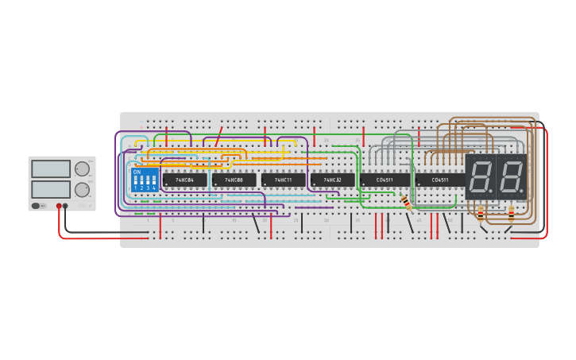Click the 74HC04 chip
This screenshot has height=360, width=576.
click(184, 180)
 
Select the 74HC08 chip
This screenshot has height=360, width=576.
click(234, 180)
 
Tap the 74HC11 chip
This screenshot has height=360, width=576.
click(283, 180)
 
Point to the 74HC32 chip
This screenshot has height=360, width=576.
click(332, 180)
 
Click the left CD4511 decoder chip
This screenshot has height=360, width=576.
click(385, 180)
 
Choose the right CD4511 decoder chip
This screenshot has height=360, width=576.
click(439, 180)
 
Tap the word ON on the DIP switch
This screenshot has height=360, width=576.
click(137, 172)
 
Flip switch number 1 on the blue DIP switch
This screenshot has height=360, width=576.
click(136, 181)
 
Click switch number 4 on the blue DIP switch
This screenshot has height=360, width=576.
click(154, 181)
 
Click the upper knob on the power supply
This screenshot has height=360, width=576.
click(82, 168)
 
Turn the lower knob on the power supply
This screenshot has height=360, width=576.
click(82, 190)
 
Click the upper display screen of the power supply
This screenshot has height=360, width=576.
click(51, 168)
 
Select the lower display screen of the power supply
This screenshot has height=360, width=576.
click(51, 189)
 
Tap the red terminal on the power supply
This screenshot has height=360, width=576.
click(59, 206)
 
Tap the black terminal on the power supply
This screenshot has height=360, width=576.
click(65, 206)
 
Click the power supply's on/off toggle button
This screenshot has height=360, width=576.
click(37, 206)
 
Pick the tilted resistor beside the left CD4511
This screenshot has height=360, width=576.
click(406, 202)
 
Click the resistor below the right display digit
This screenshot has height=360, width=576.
click(511, 213)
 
